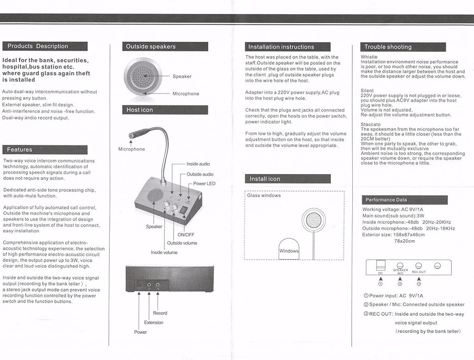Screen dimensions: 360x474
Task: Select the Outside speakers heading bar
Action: [151, 47]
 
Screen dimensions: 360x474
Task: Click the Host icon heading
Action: [140, 110]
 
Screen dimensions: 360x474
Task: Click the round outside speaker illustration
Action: [143, 76]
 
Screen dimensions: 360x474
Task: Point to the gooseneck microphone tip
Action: [131, 136]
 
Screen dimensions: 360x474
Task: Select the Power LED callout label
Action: [204, 184]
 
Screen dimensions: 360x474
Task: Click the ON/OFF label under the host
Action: [186, 235]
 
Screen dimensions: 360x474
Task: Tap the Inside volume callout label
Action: [164, 252]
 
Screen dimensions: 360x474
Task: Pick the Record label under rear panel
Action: [160, 313]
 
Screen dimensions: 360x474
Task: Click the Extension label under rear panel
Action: [154, 323]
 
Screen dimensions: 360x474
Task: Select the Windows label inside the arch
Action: [289, 251]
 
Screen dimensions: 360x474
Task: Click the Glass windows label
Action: [264, 196]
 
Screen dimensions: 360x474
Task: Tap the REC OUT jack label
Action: [418, 272]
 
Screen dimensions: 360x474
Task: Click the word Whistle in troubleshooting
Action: [369, 57]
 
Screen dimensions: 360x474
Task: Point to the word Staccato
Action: [371, 124]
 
